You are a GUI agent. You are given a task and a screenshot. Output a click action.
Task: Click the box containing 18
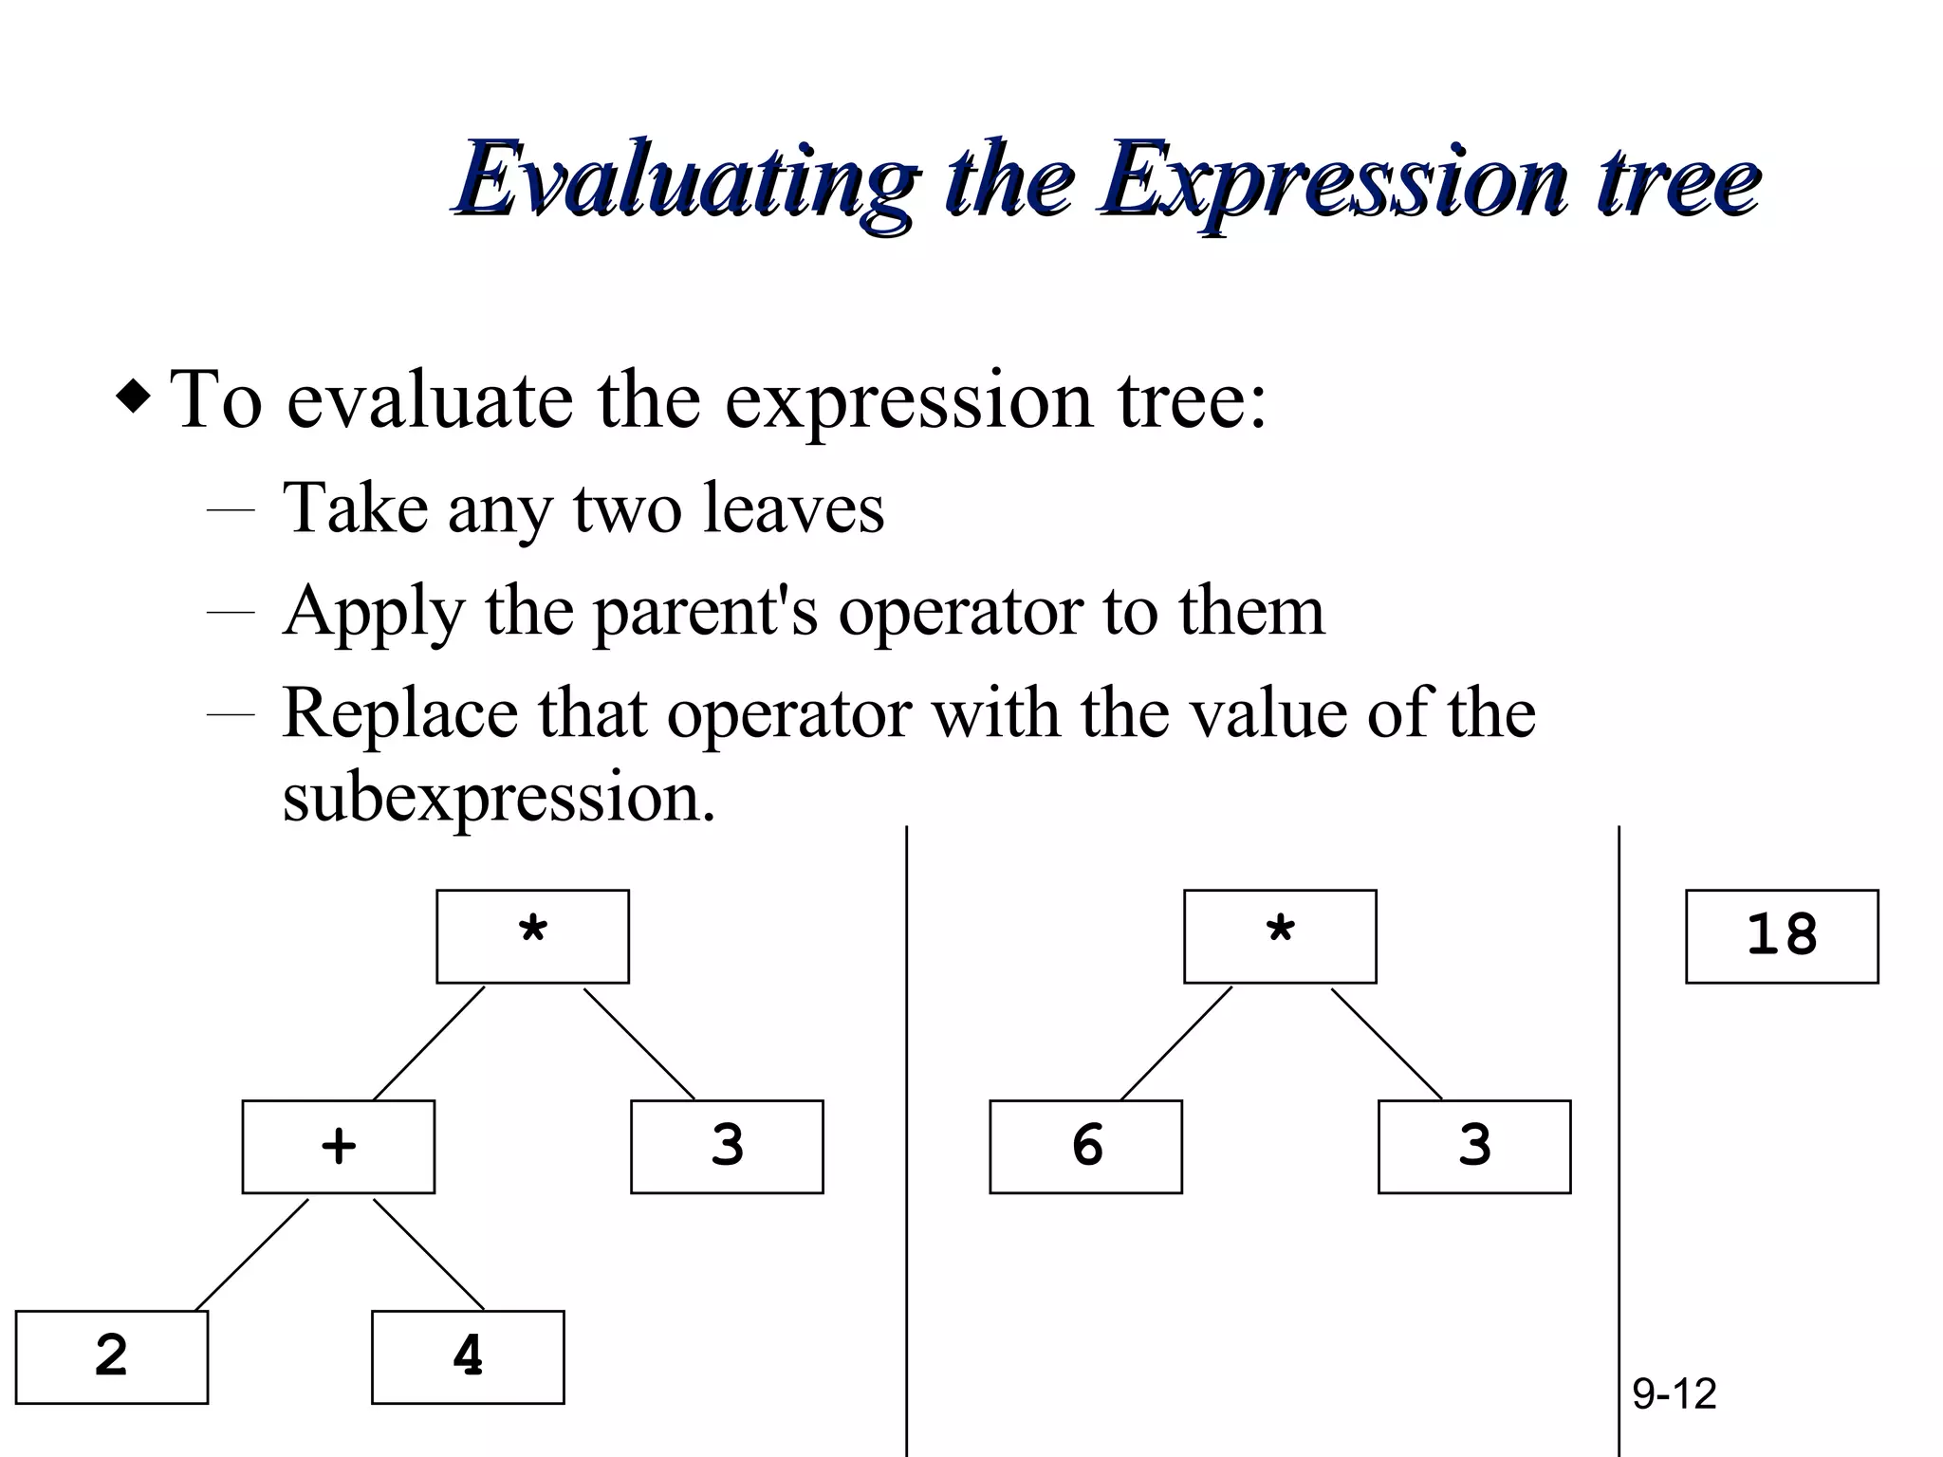(1781, 936)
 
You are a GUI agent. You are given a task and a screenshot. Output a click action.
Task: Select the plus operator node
(339, 1147)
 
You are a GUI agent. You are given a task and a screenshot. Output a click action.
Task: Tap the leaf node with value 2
(112, 1356)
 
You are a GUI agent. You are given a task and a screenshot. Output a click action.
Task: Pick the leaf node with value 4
(468, 1356)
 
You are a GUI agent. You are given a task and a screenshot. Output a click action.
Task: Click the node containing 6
(1086, 1147)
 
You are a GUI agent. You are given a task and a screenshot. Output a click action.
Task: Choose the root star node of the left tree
(532, 936)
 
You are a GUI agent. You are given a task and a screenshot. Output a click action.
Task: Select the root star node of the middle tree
(1280, 936)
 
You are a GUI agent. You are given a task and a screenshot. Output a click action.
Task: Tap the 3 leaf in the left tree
(727, 1147)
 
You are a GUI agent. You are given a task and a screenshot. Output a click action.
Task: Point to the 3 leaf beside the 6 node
(1474, 1147)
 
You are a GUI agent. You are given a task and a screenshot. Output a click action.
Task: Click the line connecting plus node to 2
(251, 1255)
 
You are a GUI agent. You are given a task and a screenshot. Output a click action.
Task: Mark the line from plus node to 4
(428, 1254)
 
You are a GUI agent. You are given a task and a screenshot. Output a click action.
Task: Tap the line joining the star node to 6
(1176, 1042)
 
